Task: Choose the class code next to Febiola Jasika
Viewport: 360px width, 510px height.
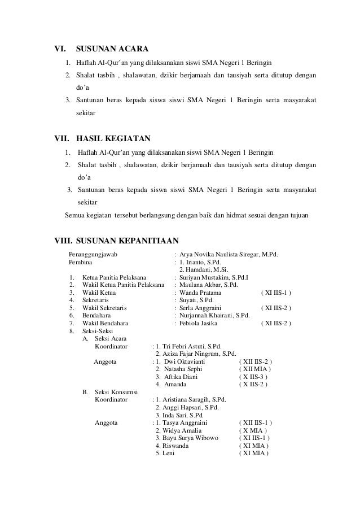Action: (276, 323)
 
